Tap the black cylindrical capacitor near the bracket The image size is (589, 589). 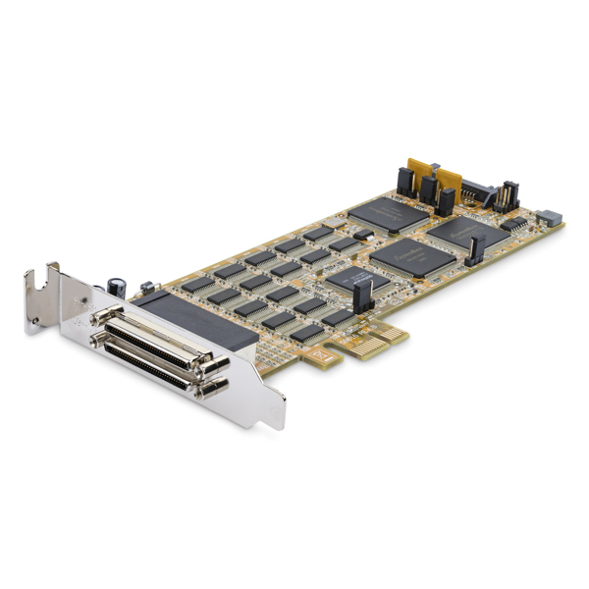coord(118,286)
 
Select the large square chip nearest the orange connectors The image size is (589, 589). coord(389,214)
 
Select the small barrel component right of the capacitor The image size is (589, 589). coord(147,288)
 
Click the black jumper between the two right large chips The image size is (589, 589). coord(474,252)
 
